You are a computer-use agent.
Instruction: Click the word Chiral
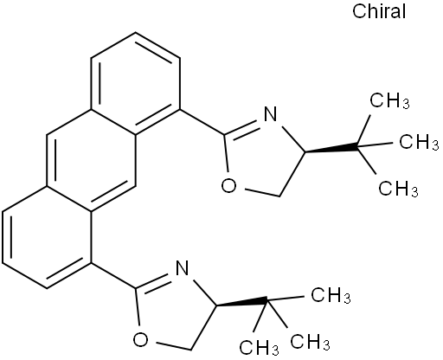tap(379, 12)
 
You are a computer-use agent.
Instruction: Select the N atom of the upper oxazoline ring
tap(270, 114)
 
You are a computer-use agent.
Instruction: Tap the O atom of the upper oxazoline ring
tap(228, 185)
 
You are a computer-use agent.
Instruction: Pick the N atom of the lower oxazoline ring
tap(182, 268)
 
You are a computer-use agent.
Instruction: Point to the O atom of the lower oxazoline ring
tap(140, 339)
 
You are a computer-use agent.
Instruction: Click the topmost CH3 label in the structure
tap(389, 100)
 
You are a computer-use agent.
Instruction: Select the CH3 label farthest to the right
tap(419, 142)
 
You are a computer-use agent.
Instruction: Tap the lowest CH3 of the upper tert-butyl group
tap(398, 189)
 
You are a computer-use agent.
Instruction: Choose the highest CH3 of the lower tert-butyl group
tap(331, 295)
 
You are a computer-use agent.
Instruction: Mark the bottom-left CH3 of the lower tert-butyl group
tap(259, 347)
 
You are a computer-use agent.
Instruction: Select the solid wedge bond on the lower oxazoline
tap(241, 303)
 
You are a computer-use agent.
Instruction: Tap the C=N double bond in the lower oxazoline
tap(155, 281)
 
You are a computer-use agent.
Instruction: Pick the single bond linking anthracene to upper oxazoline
tap(202, 122)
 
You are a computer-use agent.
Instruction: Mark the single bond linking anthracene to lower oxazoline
tap(113, 276)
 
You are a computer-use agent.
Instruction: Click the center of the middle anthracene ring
tap(91, 161)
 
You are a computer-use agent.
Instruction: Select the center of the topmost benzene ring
tap(136, 84)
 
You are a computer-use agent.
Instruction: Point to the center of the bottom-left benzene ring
tap(47, 237)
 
